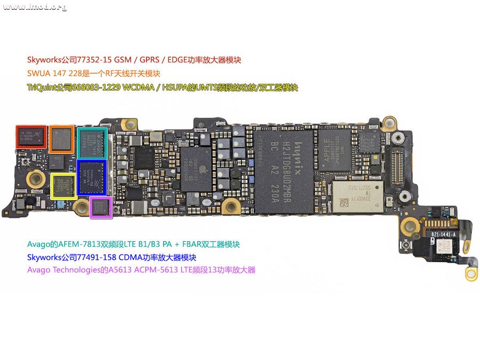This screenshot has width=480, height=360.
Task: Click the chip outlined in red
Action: pos(31,137)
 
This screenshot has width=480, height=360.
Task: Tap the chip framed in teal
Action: pos(92,142)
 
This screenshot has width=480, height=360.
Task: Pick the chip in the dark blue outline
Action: pos(92,175)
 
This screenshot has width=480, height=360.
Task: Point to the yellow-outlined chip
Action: pos(63,185)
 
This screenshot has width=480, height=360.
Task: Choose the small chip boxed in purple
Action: pos(100,207)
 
